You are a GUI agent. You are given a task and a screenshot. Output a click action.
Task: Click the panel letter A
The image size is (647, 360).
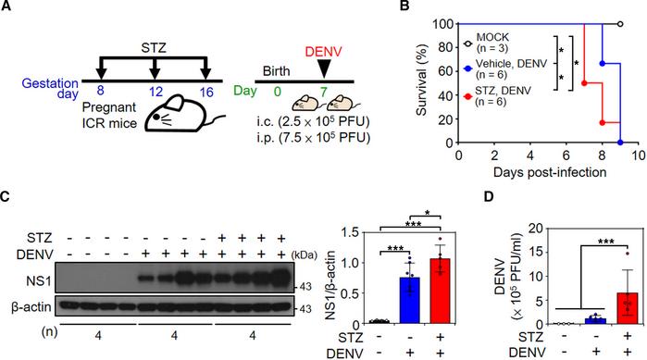pyautogui.click(x=7, y=9)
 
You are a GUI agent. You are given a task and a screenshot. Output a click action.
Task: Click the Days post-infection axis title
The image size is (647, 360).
pyautogui.click(x=548, y=172)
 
